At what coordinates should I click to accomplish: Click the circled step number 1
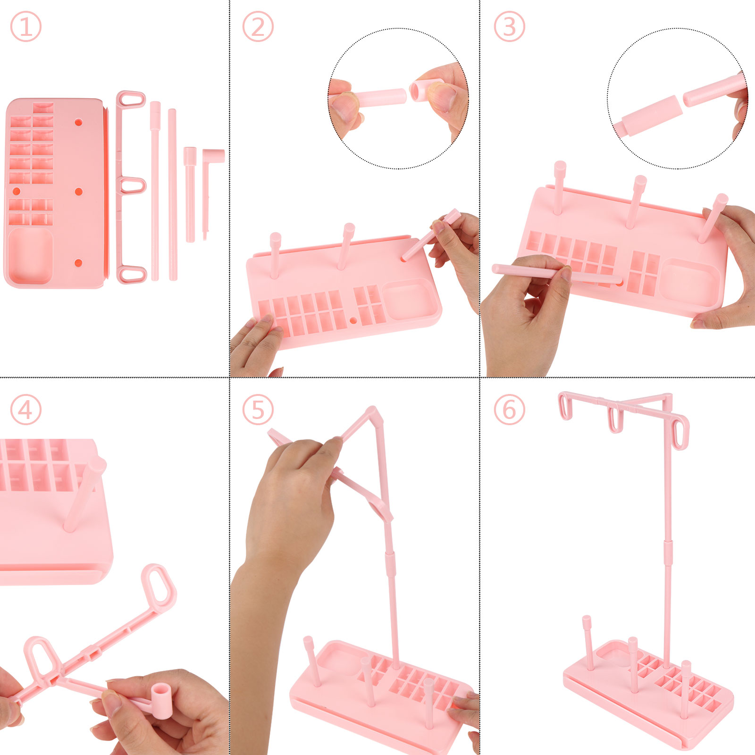(25, 26)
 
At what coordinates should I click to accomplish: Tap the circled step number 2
(258, 26)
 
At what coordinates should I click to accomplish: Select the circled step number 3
(509, 26)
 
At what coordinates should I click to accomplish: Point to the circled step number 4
(25, 409)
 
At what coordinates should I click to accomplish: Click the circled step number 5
(258, 409)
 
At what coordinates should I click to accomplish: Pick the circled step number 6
(509, 409)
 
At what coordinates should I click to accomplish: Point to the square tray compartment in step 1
(30, 256)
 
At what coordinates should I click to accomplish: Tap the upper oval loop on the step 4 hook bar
(159, 585)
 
